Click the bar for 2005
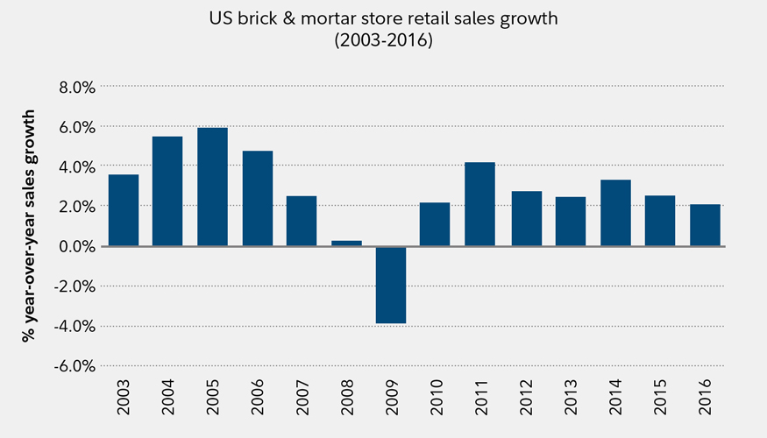(x=212, y=187)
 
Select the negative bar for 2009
(x=390, y=285)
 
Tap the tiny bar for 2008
(x=345, y=243)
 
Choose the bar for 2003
(x=123, y=210)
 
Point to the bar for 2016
(x=704, y=225)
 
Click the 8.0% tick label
(x=76, y=87)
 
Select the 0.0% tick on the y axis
(x=76, y=246)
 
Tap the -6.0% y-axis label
(x=75, y=366)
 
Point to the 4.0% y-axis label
(x=76, y=166)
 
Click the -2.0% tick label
(x=75, y=286)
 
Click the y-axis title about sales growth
(x=30, y=225)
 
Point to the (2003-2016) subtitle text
(x=384, y=40)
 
